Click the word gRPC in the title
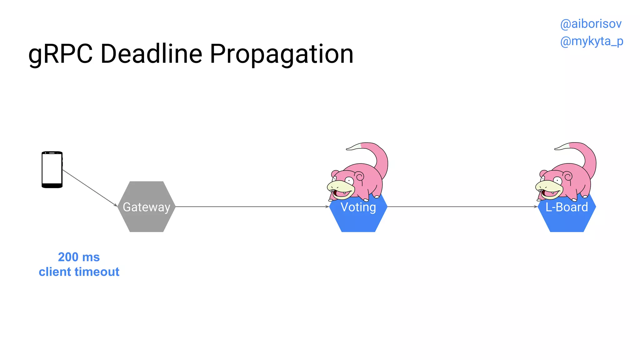60,54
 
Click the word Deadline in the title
151,54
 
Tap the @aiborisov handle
591,24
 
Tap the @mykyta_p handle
592,41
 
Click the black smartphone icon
52,170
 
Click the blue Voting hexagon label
358,207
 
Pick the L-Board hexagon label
567,207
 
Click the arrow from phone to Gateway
90,188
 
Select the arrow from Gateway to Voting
252,207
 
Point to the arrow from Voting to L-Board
462,207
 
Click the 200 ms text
79,257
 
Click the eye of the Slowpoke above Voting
349,180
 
